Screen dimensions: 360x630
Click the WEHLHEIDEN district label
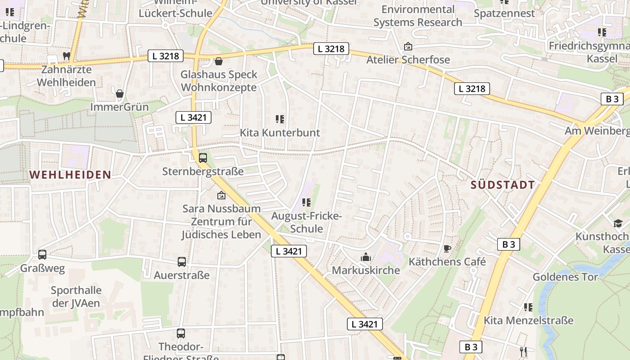click(x=70, y=175)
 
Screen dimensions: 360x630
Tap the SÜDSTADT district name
click(x=503, y=184)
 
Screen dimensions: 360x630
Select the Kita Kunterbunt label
click(x=279, y=133)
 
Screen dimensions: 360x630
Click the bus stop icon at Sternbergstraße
click(x=203, y=158)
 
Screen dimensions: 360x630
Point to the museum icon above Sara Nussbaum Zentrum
click(x=221, y=195)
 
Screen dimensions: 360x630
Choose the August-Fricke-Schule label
click(x=306, y=222)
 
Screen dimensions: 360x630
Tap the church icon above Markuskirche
click(x=366, y=257)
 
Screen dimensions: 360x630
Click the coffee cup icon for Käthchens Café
click(x=447, y=248)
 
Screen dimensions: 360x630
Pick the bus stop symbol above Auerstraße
click(x=182, y=262)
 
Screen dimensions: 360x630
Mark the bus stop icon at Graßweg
click(x=42, y=255)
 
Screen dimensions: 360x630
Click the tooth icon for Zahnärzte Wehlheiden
click(x=66, y=56)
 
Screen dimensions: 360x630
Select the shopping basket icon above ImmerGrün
click(x=120, y=94)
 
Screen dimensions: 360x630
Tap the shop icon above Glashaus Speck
click(x=219, y=61)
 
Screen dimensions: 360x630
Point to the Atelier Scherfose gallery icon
click(x=408, y=46)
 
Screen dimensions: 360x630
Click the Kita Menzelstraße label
click(x=528, y=320)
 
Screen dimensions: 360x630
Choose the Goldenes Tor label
click(x=565, y=277)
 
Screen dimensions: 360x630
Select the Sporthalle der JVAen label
click(x=76, y=297)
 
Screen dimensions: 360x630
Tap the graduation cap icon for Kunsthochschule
click(x=618, y=223)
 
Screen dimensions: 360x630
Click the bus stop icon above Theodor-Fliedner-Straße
click(x=181, y=333)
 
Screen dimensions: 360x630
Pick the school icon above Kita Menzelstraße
click(x=528, y=307)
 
